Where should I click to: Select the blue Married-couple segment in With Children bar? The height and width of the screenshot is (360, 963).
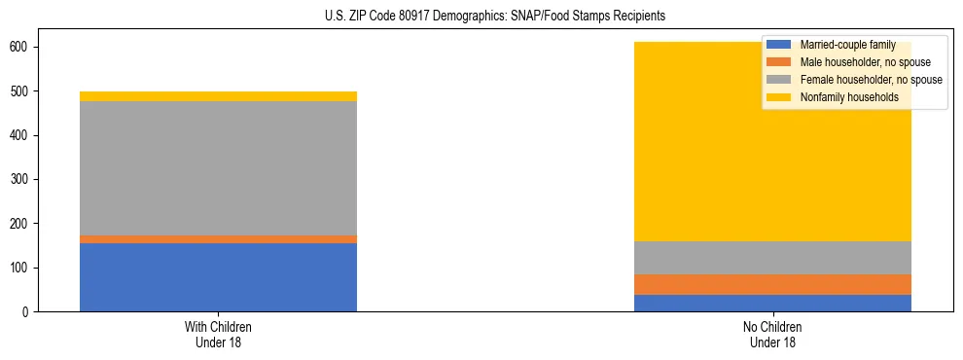(218, 277)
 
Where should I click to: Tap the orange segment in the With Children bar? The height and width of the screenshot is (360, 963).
(218, 239)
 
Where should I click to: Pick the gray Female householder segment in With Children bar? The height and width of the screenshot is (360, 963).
(218, 168)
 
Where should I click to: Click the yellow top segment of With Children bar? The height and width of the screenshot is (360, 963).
(218, 96)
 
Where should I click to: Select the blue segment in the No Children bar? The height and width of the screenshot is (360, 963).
(772, 303)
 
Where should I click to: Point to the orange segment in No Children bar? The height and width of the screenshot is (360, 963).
(772, 284)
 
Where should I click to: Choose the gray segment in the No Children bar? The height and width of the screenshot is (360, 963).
(772, 258)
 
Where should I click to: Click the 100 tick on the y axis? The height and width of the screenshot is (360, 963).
(23, 268)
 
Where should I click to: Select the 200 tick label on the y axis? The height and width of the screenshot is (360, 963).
(23, 224)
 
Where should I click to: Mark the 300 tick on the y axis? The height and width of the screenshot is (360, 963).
(23, 180)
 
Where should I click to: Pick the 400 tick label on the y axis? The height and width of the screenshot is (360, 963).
(23, 135)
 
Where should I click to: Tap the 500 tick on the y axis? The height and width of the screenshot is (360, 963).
(23, 91)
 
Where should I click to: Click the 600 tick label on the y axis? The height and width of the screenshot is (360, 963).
(23, 48)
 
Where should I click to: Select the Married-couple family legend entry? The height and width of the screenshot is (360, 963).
(847, 45)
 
